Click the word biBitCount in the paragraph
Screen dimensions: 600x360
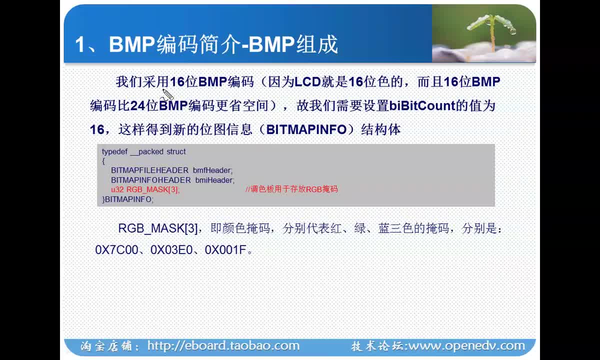pyautogui.click(x=422, y=105)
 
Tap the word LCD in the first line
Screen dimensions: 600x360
pyautogui.click(x=307, y=81)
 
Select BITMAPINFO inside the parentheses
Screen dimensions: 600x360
pyautogui.click(x=306, y=129)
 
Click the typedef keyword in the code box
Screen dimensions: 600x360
pyautogui.click(x=114, y=152)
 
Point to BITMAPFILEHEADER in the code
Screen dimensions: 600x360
pyautogui.click(x=149, y=170)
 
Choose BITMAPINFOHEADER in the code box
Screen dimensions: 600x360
pyautogui.click(x=151, y=180)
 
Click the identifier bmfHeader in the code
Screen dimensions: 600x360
pyautogui.click(x=212, y=170)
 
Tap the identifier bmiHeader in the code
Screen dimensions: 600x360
pyautogui.click(x=215, y=180)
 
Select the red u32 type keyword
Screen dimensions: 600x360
pyautogui.click(x=117, y=189)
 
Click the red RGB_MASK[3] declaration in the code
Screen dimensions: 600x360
pyautogui.click(x=153, y=189)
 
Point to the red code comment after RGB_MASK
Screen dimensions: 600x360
pyautogui.click(x=291, y=189)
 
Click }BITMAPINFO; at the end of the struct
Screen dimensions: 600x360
pyautogui.click(x=128, y=199)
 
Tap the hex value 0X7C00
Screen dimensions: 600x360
pyautogui.click(x=117, y=250)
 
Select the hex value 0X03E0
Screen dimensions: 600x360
pyautogui.click(x=171, y=250)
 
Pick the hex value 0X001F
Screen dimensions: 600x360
pyautogui.click(x=225, y=250)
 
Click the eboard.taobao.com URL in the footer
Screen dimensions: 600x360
pyautogui.click(x=223, y=346)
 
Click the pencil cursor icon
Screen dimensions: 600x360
pyautogui.click(x=167, y=94)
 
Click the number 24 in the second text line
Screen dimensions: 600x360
pyautogui.click(x=137, y=106)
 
